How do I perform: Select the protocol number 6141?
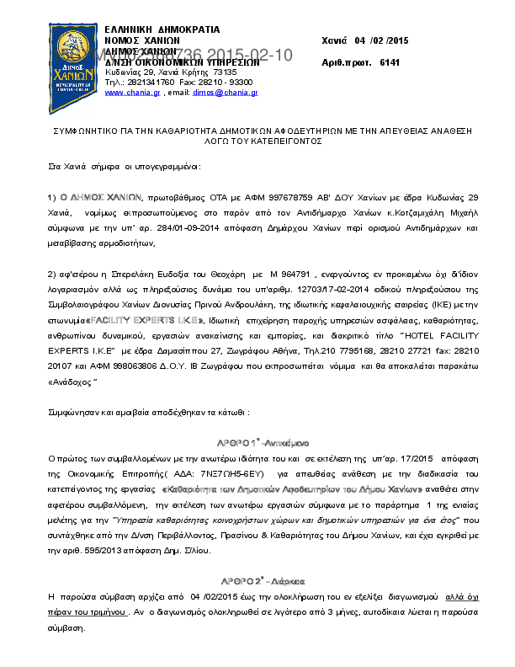click(x=390, y=62)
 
